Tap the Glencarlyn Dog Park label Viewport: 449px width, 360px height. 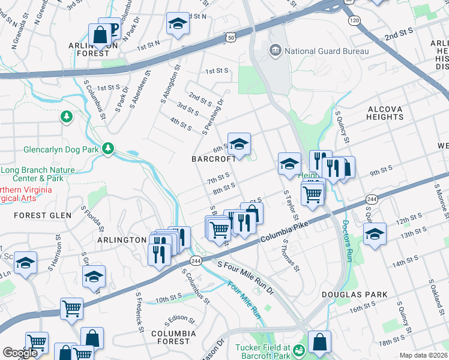pos(61,149)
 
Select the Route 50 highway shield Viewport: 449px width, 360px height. pos(231,37)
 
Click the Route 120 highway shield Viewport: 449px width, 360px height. pos(354,20)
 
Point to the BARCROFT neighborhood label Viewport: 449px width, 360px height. pos(214,159)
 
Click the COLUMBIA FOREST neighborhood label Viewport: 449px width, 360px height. pos(173,337)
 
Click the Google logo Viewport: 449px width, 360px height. pos(20,353)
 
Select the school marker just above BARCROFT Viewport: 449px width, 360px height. pos(239,145)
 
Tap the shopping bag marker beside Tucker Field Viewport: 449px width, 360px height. pos(320,343)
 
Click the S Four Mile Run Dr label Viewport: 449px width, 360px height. pos(246,278)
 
